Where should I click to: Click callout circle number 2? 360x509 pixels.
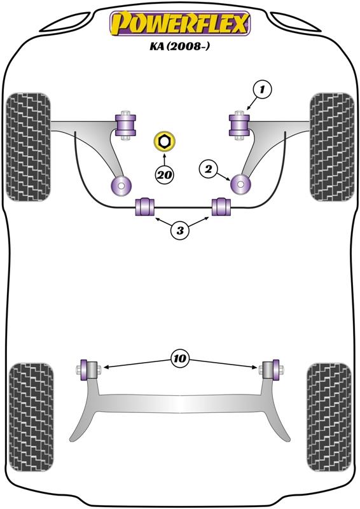click(x=208, y=169)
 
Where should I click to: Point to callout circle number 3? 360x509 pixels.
click(x=181, y=231)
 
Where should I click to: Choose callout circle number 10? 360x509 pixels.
click(x=180, y=359)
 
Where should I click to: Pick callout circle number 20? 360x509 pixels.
click(x=164, y=173)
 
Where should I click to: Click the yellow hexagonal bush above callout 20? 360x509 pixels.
click(x=164, y=141)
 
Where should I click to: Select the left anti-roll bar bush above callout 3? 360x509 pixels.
click(x=146, y=206)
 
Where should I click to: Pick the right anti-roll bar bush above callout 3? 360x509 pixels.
click(x=221, y=206)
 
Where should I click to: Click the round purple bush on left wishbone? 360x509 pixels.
click(x=120, y=185)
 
